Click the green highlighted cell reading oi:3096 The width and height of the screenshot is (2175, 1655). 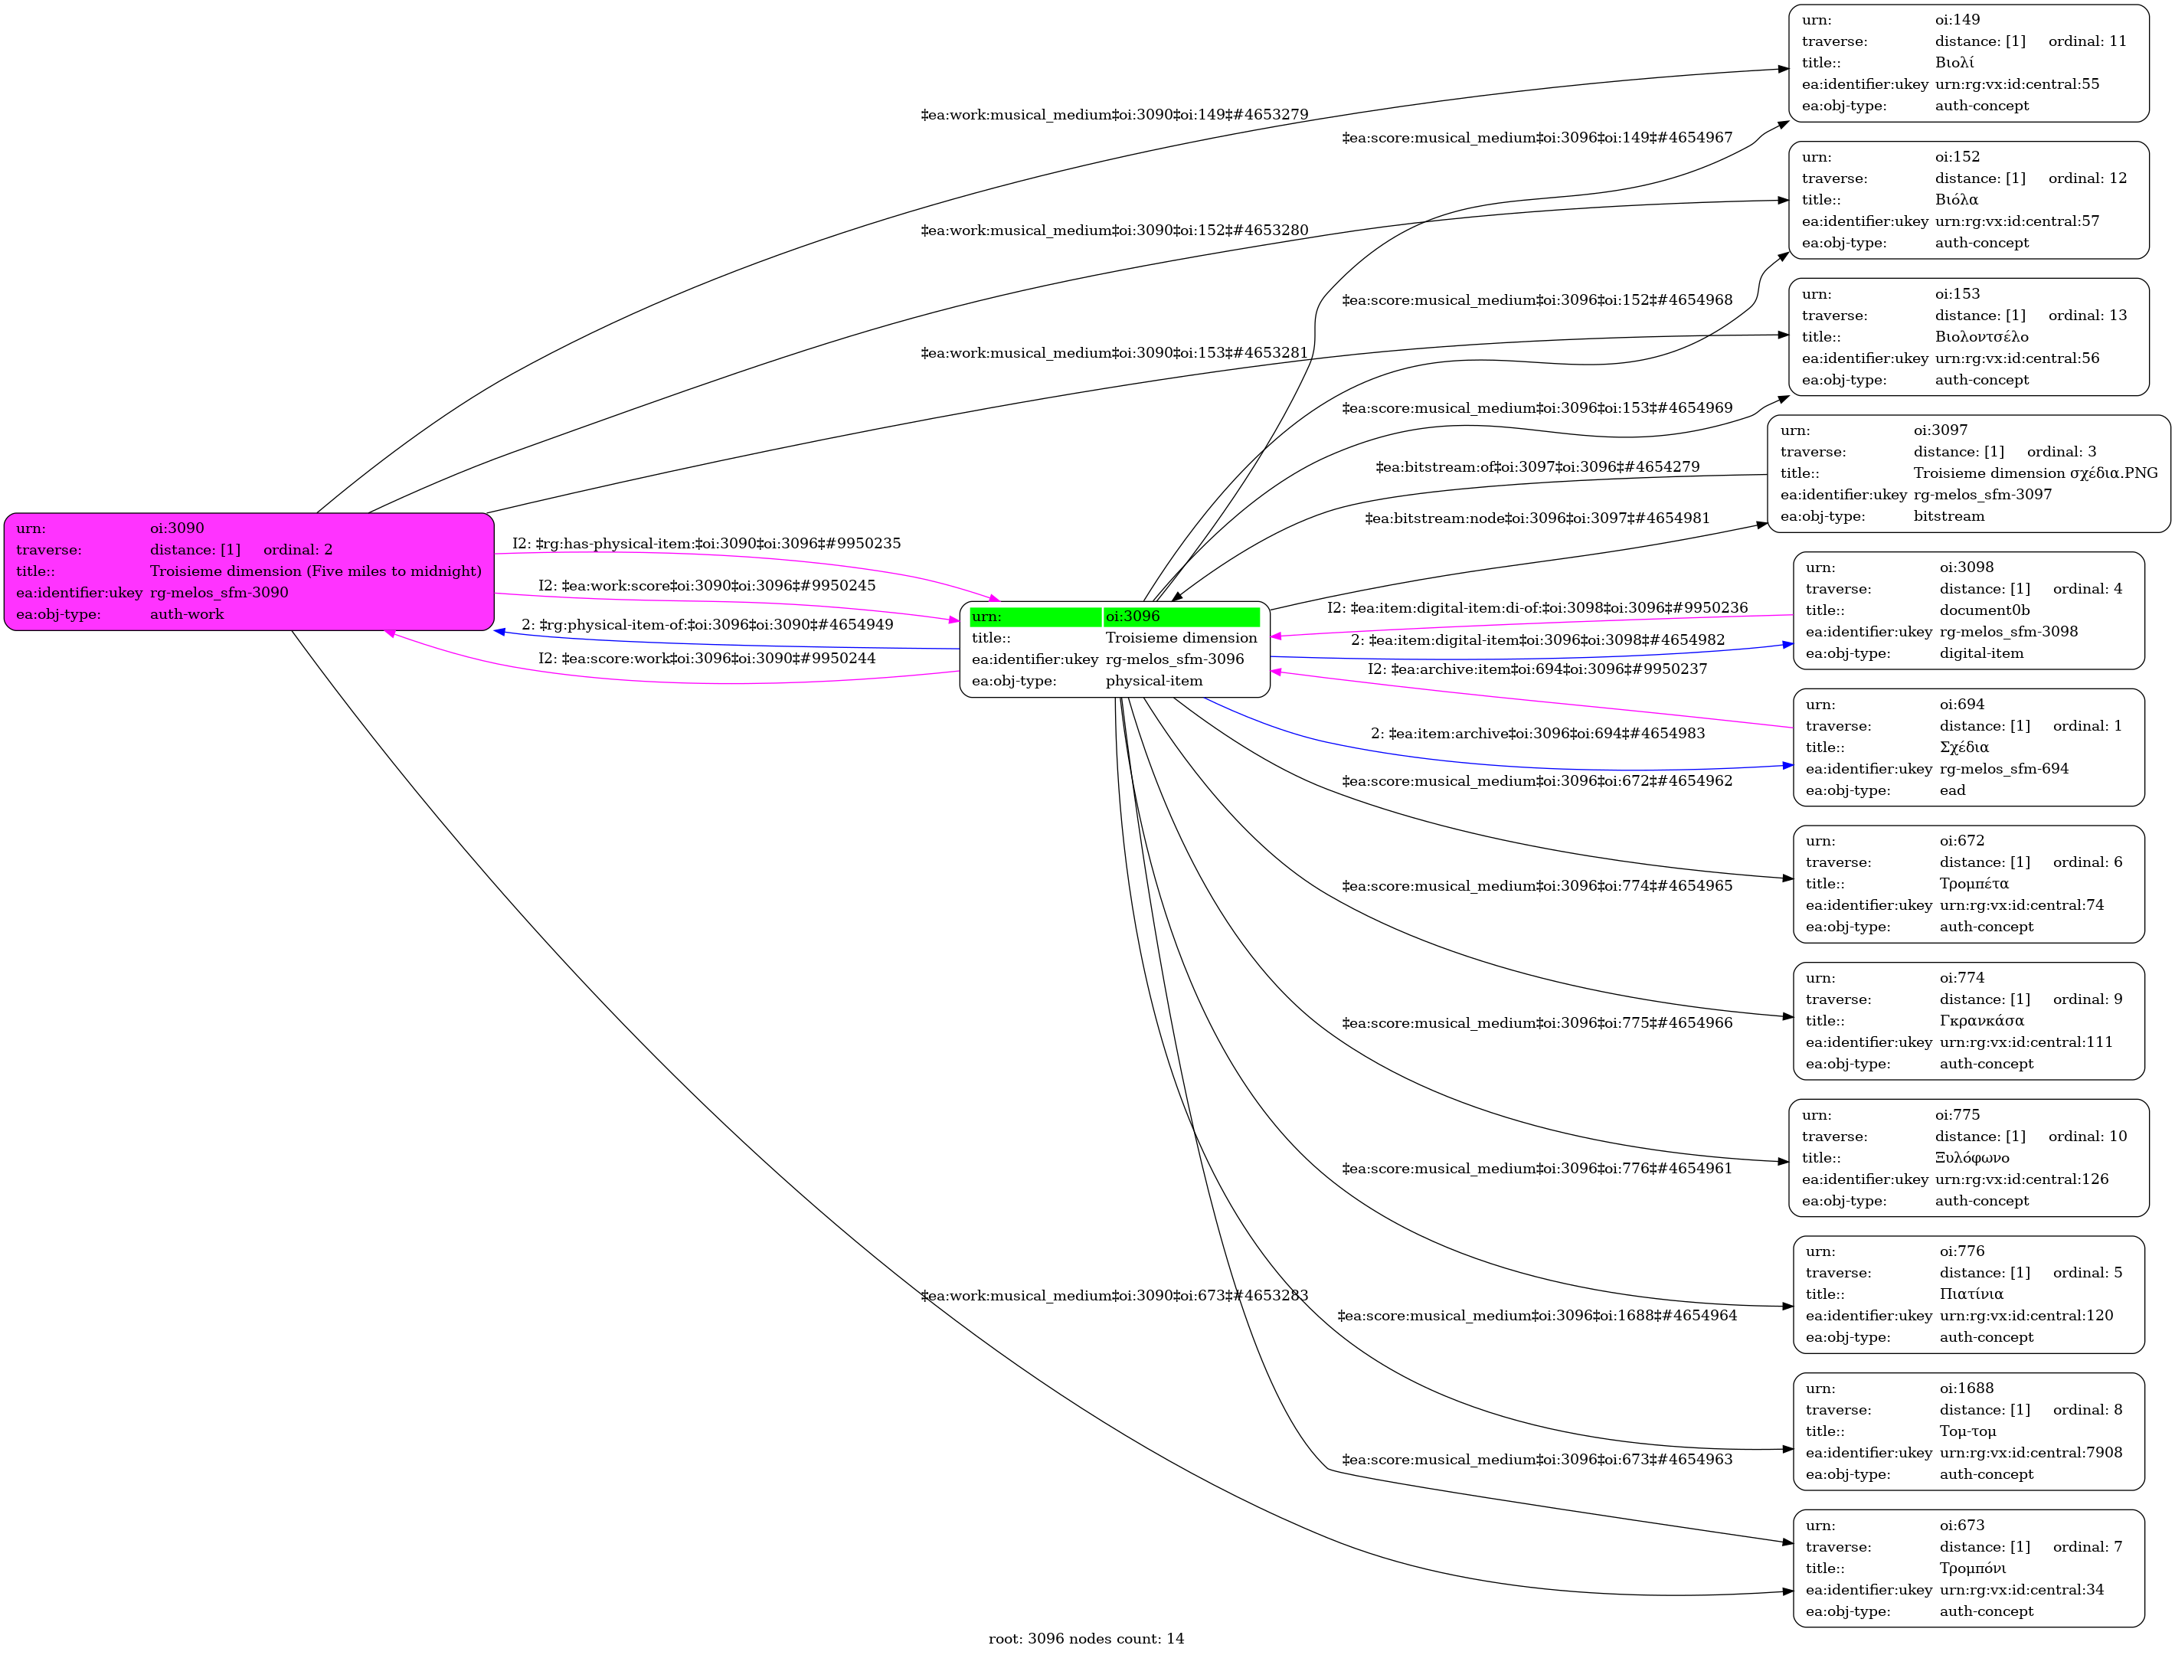(x=1180, y=617)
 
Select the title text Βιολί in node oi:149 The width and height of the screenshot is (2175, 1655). (x=1954, y=63)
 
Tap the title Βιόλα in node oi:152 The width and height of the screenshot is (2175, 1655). (x=1956, y=200)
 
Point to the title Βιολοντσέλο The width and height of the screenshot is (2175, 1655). (x=1981, y=337)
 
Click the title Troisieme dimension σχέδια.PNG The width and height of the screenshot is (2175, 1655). (x=2035, y=473)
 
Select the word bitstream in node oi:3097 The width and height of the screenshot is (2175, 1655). (x=1948, y=516)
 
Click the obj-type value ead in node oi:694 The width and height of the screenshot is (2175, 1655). (x=1951, y=790)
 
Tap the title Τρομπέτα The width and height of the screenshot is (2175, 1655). (x=1974, y=884)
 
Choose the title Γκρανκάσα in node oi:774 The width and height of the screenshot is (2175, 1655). (x=1981, y=1021)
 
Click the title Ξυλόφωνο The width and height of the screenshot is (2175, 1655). (x=1971, y=1157)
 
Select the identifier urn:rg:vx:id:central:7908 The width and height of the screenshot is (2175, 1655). (x=2030, y=1453)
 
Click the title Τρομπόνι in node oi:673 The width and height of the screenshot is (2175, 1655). (x=1972, y=1568)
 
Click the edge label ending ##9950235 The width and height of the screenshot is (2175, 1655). (x=705, y=544)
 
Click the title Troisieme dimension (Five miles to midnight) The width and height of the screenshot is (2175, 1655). (x=316, y=571)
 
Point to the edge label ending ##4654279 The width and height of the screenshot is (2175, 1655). (x=1537, y=467)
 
